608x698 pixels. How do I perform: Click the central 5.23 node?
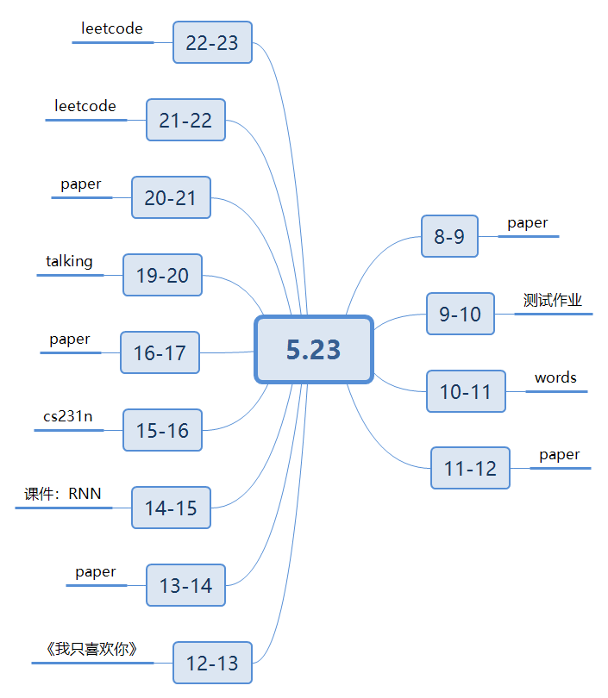(314, 349)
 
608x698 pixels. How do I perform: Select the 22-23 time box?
(212, 42)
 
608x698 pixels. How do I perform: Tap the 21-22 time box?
(185, 120)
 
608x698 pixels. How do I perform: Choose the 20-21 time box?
(171, 197)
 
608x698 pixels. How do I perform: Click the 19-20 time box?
(162, 275)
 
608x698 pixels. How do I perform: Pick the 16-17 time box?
(160, 352)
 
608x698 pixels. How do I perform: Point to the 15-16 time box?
(162, 430)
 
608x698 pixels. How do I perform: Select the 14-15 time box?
(171, 508)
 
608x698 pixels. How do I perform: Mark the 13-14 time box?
(185, 585)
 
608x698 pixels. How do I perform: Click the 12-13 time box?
(212, 663)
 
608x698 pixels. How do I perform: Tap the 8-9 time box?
(449, 236)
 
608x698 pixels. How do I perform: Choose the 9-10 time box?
(461, 314)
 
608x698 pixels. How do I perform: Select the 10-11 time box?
(466, 391)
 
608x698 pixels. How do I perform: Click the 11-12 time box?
(471, 468)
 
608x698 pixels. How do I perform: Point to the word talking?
(69, 261)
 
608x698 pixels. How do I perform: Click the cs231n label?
(68, 416)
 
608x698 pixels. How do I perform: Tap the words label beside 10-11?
(555, 377)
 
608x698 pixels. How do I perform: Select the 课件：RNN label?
(63, 494)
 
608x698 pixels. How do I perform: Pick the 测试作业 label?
(553, 300)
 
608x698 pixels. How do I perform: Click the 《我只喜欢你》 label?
(91, 649)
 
